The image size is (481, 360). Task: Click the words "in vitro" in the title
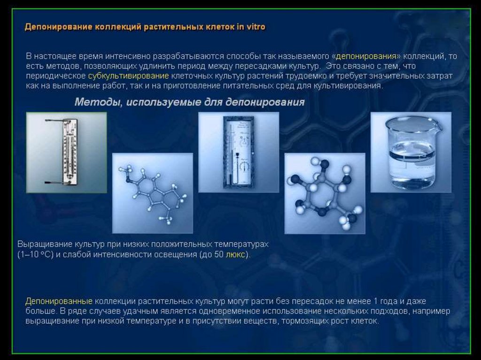click(251, 27)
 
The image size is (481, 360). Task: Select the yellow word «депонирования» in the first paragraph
click(366, 56)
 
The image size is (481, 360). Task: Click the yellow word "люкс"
click(235, 254)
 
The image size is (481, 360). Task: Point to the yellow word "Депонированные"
click(59, 301)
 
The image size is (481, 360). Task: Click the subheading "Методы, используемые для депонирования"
click(190, 102)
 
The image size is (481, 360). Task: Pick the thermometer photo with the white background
click(67, 153)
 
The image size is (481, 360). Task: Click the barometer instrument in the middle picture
click(239, 152)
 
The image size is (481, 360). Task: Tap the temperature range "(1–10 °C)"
click(36, 254)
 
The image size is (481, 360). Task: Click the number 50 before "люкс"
click(219, 254)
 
